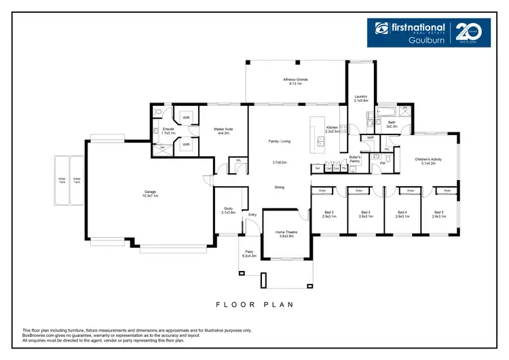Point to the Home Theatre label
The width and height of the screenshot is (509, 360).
285,234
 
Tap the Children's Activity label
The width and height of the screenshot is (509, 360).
428,161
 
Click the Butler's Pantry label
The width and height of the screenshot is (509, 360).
354,159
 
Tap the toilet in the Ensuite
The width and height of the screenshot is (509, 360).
156,130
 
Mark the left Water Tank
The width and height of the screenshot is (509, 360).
62,181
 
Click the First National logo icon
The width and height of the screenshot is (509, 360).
381,29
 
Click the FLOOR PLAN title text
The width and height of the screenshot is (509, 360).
254,304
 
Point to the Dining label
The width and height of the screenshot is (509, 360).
279,187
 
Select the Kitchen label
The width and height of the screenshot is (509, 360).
333,128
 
